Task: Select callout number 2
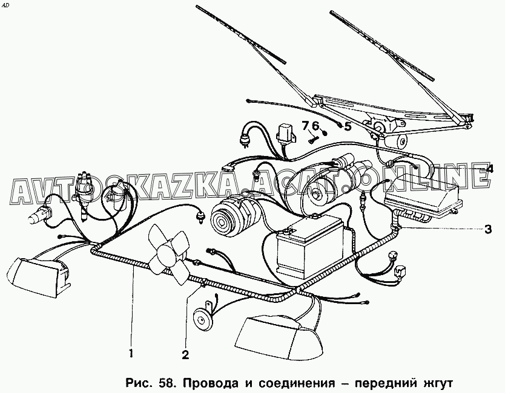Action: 185,354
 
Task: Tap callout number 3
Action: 487,229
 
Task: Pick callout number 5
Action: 347,126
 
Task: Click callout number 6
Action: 315,125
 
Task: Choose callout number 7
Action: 305,125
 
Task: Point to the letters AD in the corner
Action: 6,5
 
